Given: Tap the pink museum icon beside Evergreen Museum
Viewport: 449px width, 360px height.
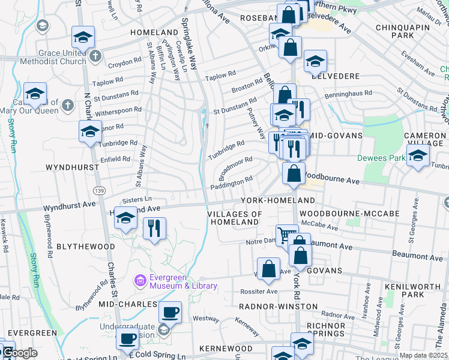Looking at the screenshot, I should [140, 280].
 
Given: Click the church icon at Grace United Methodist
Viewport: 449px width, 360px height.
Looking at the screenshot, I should [95, 56].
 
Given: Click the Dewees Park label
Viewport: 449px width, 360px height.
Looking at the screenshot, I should [382, 158].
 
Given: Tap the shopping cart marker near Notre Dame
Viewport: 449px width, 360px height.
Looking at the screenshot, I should [286, 233].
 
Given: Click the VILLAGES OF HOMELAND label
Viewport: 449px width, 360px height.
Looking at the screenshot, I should [235, 218].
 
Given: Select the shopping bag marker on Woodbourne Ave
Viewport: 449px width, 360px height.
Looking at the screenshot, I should [294, 174].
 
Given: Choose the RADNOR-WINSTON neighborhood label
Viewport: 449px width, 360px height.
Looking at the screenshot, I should [277, 307].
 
